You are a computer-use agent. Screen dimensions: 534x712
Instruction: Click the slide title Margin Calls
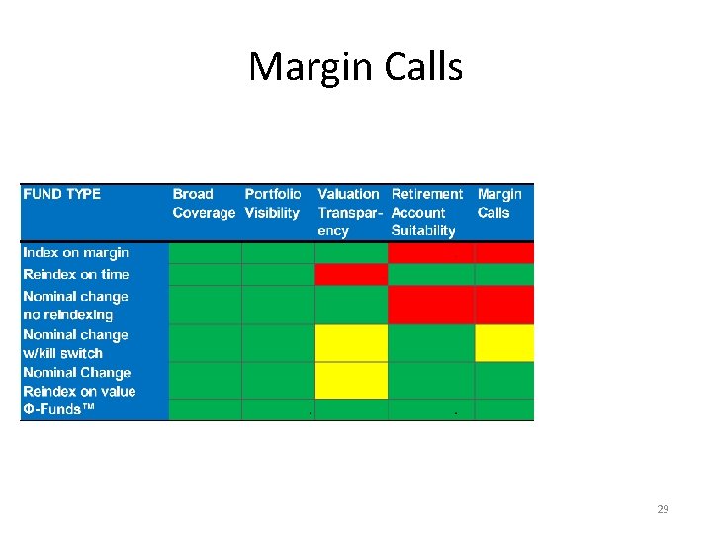(355, 67)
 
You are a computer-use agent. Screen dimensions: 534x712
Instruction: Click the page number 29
(663, 509)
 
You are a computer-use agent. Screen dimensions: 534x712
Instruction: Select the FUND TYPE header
(62, 194)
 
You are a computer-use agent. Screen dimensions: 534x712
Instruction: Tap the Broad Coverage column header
(204, 203)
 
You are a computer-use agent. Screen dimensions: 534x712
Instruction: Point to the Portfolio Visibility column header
(273, 203)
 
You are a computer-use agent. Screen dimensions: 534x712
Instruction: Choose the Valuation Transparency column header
(348, 213)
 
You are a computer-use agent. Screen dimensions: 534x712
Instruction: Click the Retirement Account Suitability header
(427, 213)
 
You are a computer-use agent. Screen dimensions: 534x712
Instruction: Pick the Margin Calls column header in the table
(499, 203)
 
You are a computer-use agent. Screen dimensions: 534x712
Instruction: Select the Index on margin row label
(76, 253)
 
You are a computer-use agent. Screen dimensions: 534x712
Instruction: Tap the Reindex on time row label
(76, 274)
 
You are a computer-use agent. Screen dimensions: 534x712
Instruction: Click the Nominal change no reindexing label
(76, 306)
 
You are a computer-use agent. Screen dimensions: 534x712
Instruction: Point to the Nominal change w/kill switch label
(76, 343)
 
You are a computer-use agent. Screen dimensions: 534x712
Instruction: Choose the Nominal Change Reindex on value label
(79, 381)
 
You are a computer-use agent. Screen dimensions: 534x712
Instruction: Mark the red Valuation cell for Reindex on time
(351, 274)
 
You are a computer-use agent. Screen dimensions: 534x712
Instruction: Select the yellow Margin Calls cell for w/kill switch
(504, 343)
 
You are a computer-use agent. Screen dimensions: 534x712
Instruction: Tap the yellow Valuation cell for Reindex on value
(351, 381)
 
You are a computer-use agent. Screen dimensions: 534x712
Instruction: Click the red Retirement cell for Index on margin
(431, 253)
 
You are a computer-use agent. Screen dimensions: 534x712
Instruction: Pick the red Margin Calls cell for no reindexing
(504, 306)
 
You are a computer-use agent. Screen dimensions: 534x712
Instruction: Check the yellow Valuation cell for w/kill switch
(351, 343)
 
